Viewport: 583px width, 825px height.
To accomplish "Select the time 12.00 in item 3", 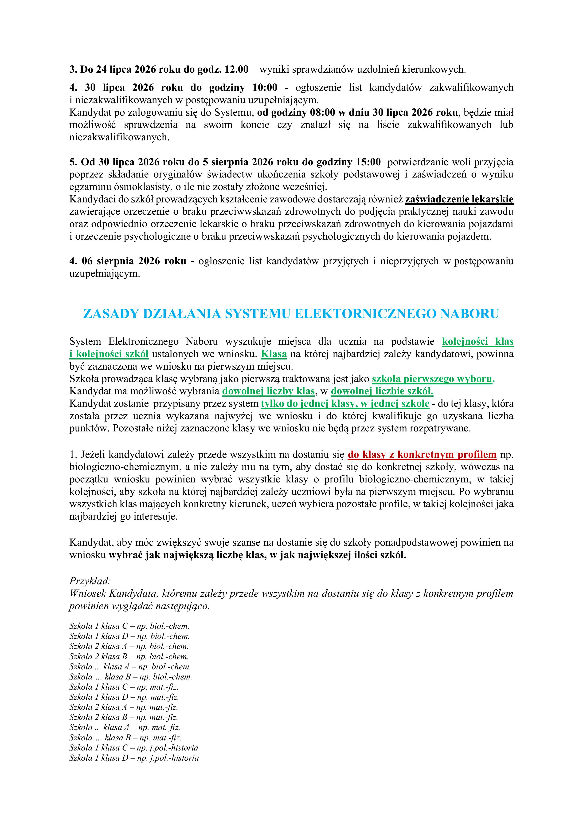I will pyautogui.click(x=236, y=69).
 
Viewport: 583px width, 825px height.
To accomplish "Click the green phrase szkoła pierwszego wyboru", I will pyautogui.click(x=433, y=379).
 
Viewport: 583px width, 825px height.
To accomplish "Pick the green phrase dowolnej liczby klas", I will pyautogui.click(x=269, y=391).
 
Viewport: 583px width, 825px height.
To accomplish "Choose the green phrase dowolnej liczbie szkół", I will pyautogui.click(x=382, y=391).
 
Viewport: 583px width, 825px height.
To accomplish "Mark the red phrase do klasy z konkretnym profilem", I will pyautogui.click(x=422, y=454).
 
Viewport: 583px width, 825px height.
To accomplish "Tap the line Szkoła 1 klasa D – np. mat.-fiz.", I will pyautogui.click(x=124, y=697).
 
